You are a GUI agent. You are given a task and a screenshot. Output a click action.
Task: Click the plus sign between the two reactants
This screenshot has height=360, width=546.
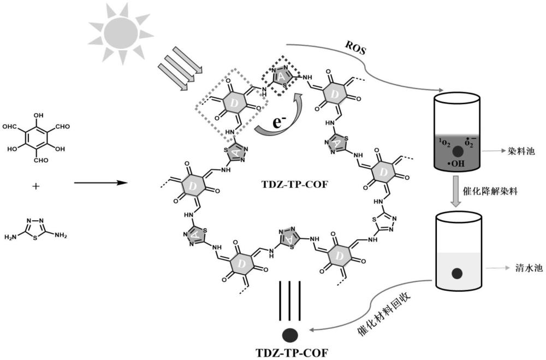37,186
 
